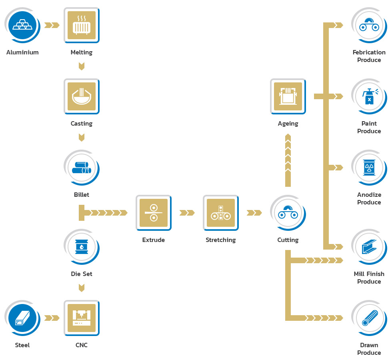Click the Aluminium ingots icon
(x=22, y=25)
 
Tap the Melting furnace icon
(x=82, y=25)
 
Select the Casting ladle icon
(x=82, y=96)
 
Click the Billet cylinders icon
(x=82, y=168)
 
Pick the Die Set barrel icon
(x=82, y=247)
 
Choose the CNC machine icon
(x=82, y=318)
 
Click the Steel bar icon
(x=22, y=318)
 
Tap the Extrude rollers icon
(x=154, y=213)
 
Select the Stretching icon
(x=221, y=213)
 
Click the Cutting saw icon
(x=288, y=213)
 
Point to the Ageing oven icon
(x=288, y=96)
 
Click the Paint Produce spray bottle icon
(x=369, y=96)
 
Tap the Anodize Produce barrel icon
(x=369, y=168)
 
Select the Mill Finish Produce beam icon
(x=369, y=247)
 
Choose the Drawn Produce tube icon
(x=369, y=318)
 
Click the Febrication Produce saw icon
(x=369, y=25)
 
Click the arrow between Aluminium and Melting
(x=52, y=25)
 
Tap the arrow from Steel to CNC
(x=52, y=318)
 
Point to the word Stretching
(x=221, y=240)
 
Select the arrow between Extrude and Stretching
(x=187, y=213)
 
